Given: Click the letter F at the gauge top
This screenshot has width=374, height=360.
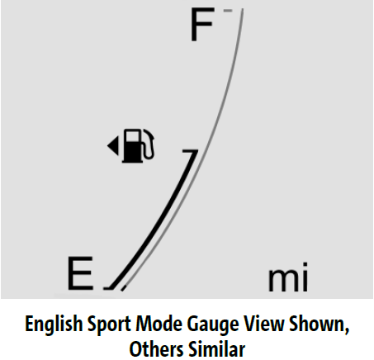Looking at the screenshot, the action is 202,25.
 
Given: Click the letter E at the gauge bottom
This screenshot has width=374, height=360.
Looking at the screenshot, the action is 80,273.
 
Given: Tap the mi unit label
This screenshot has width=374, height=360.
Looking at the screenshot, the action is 288,277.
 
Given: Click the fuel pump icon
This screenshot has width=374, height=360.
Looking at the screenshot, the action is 139,145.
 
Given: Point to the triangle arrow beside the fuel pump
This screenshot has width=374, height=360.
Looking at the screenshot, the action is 113,145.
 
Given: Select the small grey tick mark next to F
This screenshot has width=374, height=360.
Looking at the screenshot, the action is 228,11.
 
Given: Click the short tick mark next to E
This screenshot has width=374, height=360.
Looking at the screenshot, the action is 108,288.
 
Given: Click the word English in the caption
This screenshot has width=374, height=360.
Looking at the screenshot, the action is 54,324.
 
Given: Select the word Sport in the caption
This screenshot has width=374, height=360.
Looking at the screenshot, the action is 109,324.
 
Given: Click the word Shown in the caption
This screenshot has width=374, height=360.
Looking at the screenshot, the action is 319,324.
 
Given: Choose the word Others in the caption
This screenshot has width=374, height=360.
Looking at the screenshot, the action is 157,349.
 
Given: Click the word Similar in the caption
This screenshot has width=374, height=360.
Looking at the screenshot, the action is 217,349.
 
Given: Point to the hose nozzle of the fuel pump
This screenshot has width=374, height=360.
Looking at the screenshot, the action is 149,144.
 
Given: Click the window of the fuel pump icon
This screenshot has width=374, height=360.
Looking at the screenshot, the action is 132,135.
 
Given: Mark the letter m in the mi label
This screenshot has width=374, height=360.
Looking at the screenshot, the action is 282,280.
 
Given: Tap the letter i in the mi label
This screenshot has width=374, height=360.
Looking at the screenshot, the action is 305,277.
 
